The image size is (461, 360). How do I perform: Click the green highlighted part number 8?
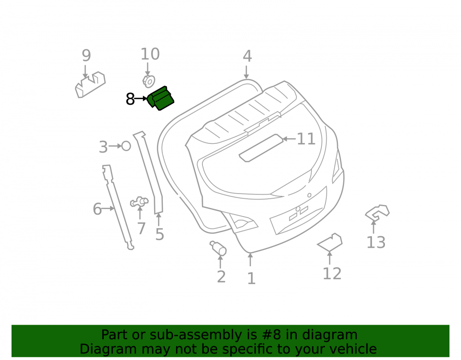coord(161,99)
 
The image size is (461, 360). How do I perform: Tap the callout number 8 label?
coord(130,99)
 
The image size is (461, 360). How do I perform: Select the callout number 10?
coord(150,54)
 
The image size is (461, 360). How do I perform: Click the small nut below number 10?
coord(149,82)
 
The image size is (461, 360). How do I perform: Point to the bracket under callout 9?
coord(90,84)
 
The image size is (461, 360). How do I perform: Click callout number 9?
coord(86,55)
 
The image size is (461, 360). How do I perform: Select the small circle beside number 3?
coord(126,146)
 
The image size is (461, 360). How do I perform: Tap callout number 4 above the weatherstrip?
coord(247,56)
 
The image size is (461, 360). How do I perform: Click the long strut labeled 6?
coord(118,207)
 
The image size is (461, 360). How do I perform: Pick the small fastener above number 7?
coord(139,202)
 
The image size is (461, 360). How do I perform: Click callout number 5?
coord(160,235)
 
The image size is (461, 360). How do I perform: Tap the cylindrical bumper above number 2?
coord(219,248)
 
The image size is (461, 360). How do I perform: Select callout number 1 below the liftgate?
coord(251,278)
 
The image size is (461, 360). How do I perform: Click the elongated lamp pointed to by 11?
coord(261,148)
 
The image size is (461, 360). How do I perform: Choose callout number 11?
coord(306,139)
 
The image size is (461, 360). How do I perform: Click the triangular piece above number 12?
coord(330,242)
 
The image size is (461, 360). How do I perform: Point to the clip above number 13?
coord(377,212)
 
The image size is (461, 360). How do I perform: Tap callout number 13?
coord(376,242)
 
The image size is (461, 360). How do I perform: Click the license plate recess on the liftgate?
coord(298,211)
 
